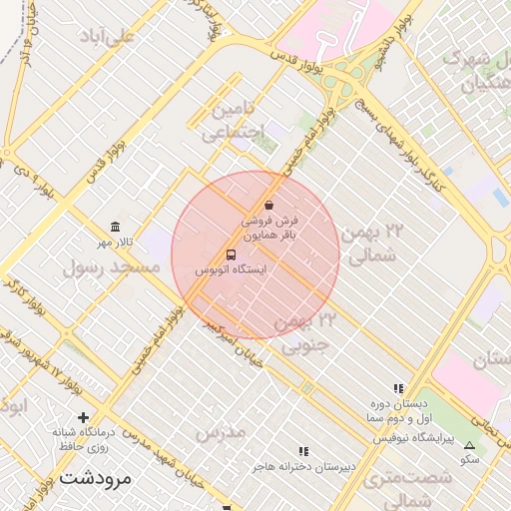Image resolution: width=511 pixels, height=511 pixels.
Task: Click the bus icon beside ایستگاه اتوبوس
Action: [232, 255]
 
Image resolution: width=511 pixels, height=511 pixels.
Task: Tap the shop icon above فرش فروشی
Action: [269, 205]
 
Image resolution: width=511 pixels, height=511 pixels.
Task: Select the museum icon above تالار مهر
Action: [116, 227]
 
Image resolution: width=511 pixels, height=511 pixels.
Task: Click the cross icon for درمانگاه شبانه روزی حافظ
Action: [83, 417]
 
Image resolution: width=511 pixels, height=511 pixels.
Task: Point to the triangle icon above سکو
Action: [470, 444]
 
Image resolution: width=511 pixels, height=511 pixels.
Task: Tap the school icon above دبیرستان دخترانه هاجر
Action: [304, 451]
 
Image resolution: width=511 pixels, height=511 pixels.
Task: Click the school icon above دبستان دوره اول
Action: [398, 388]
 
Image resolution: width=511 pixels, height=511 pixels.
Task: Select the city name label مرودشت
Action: [96, 477]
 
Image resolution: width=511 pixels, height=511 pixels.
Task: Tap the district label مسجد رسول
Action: [112, 267]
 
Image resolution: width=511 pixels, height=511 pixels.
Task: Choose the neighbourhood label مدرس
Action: [220, 433]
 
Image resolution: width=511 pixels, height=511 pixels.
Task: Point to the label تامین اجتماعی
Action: [238, 119]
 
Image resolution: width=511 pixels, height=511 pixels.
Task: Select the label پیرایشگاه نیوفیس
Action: [413, 438]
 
